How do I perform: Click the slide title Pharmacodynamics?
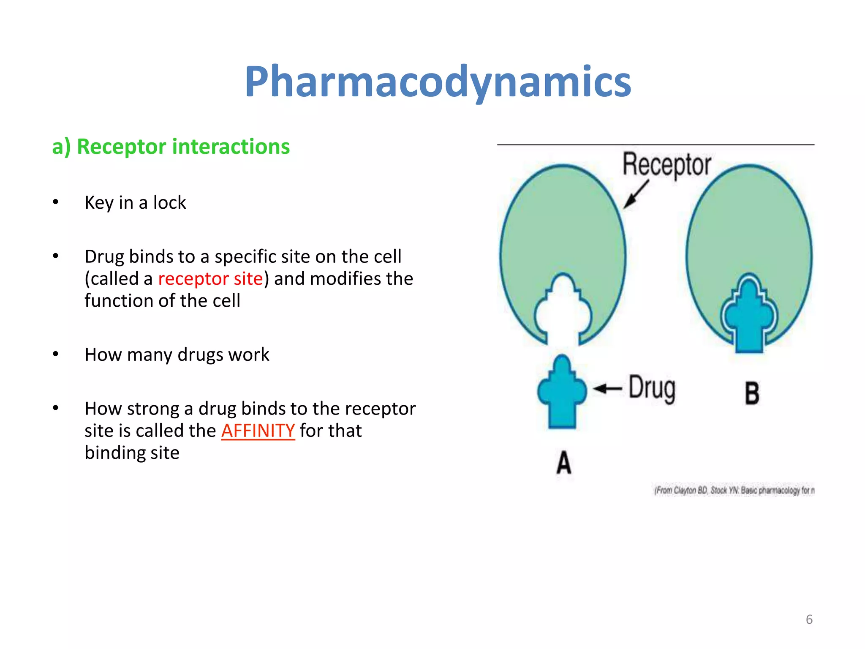coord(438,82)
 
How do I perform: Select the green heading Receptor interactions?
coord(171,147)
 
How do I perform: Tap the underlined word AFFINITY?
coord(258,431)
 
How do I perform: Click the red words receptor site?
coord(210,279)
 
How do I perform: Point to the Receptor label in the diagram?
coord(666,165)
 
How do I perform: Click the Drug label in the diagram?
coord(652,388)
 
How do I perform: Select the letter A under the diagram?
coord(564,463)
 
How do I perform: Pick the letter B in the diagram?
coord(752,393)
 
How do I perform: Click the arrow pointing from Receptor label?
coord(636,195)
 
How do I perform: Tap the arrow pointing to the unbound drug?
coord(607,388)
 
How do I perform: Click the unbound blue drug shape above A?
coord(562,393)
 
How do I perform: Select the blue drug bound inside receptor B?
coord(749,317)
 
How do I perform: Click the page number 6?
coord(809,619)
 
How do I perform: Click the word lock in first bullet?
coord(169,203)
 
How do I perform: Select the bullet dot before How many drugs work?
coord(56,354)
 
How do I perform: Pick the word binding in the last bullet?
coord(111,453)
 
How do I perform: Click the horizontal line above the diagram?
coord(656,145)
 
